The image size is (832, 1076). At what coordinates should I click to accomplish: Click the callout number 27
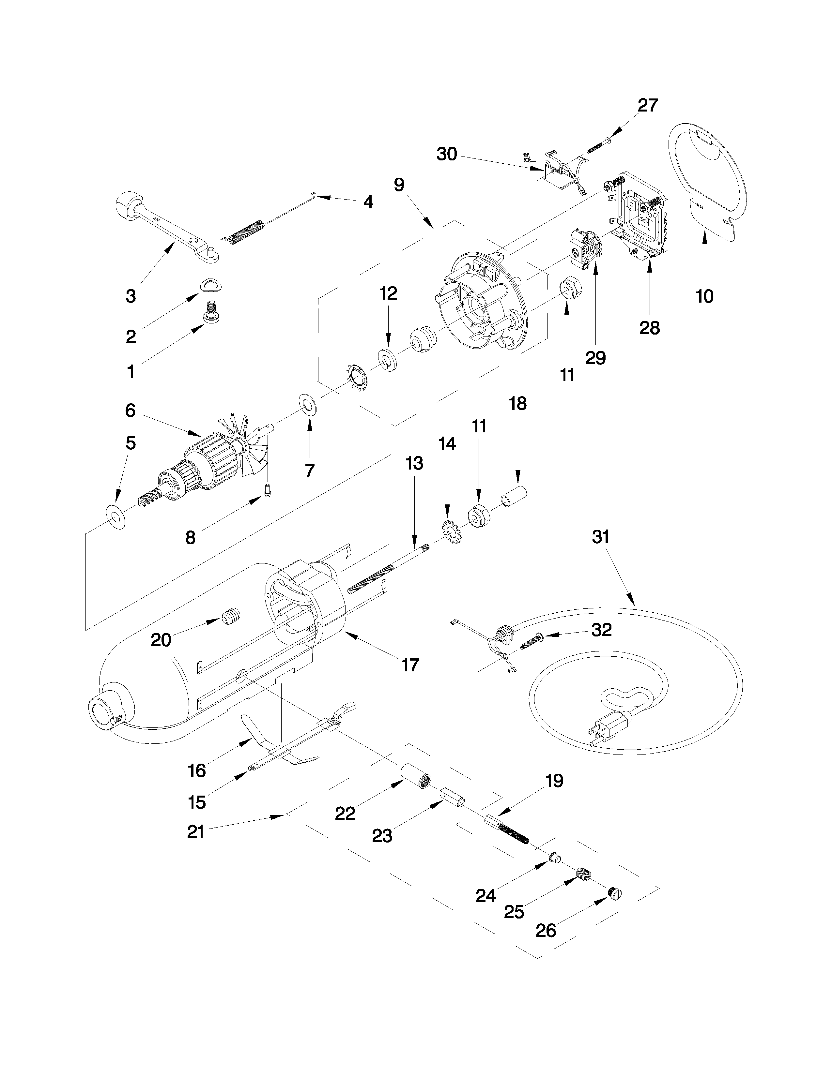click(648, 105)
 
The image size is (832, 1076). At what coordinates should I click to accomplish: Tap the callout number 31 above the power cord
click(601, 536)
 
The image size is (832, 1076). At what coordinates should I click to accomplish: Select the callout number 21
click(196, 832)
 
